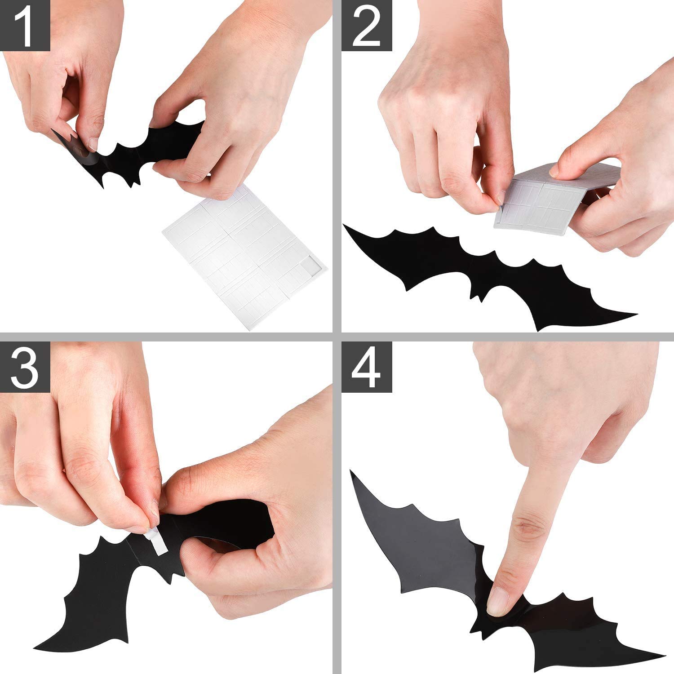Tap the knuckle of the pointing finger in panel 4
click(523, 526)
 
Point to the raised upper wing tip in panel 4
click(353, 474)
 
